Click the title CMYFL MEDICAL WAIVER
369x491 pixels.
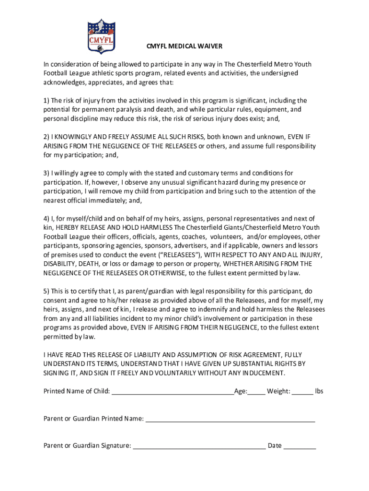click(184, 47)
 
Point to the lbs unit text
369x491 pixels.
click(319, 391)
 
